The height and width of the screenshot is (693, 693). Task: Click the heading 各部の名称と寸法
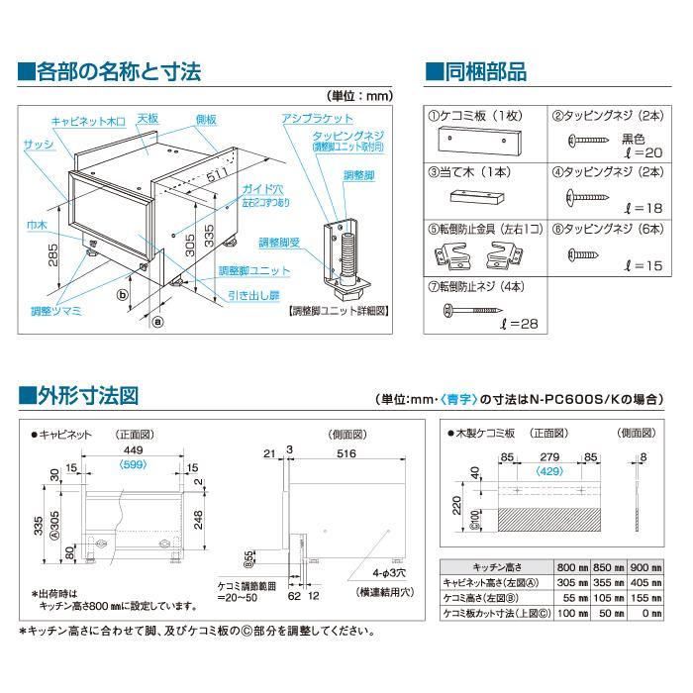(119, 71)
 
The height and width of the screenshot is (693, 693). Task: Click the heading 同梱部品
(484, 71)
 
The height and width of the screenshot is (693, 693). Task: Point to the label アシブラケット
(307, 117)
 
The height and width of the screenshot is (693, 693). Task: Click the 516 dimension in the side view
(346, 453)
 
